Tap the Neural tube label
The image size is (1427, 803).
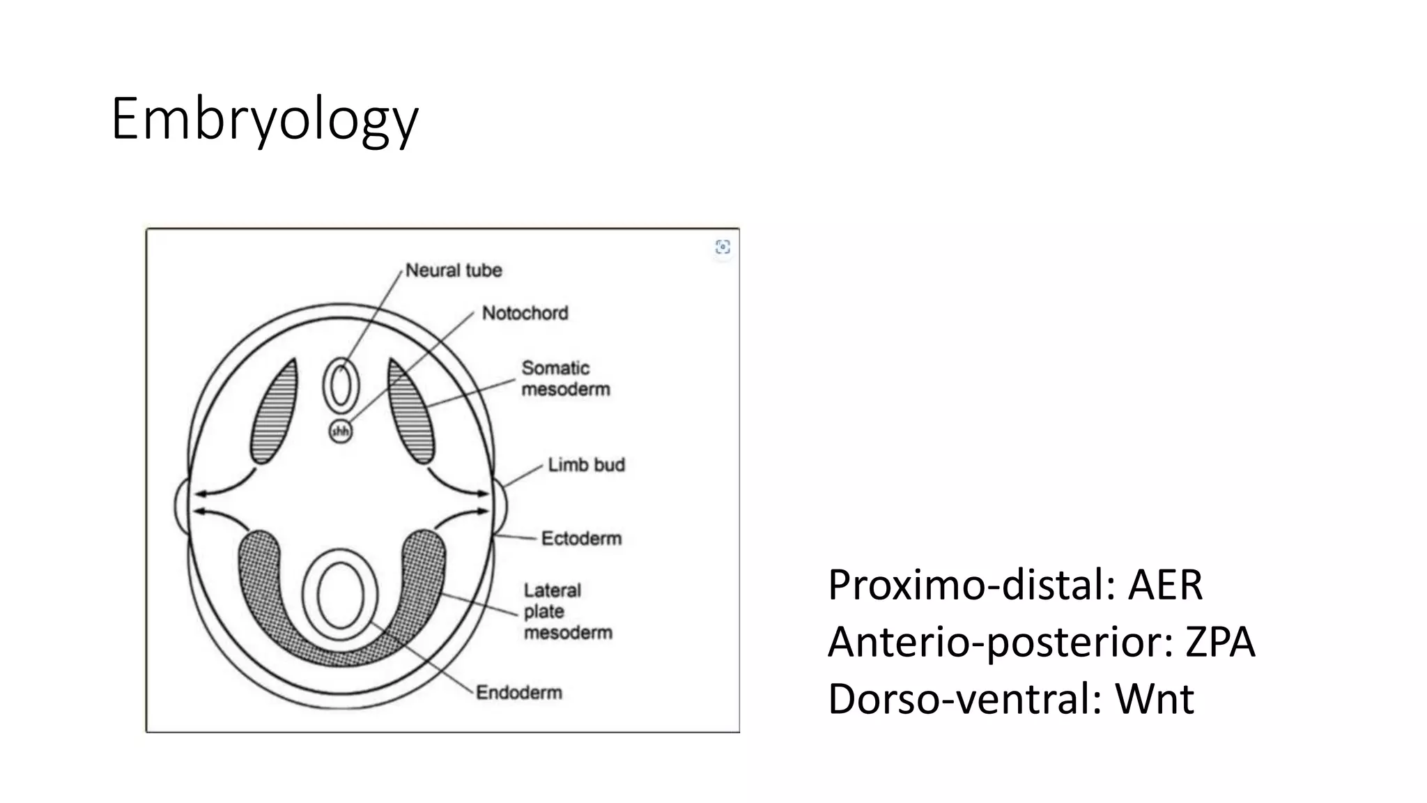(454, 270)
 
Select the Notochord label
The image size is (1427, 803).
(525, 314)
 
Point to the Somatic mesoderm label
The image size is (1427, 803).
(565, 378)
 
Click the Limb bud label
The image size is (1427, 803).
(586, 465)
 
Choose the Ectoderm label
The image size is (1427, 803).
(581, 538)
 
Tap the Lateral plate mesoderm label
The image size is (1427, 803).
(567, 611)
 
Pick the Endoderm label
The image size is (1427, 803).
(519, 693)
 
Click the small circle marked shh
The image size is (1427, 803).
(340, 432)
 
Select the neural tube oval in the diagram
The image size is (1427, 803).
(340, 385)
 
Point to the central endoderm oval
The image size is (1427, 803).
(340, 595)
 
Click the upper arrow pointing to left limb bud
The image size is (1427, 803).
(223, 488)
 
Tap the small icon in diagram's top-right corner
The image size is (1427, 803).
(723, 247)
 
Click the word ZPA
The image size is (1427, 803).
(1220, 641)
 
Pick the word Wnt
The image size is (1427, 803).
(1155, 698)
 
